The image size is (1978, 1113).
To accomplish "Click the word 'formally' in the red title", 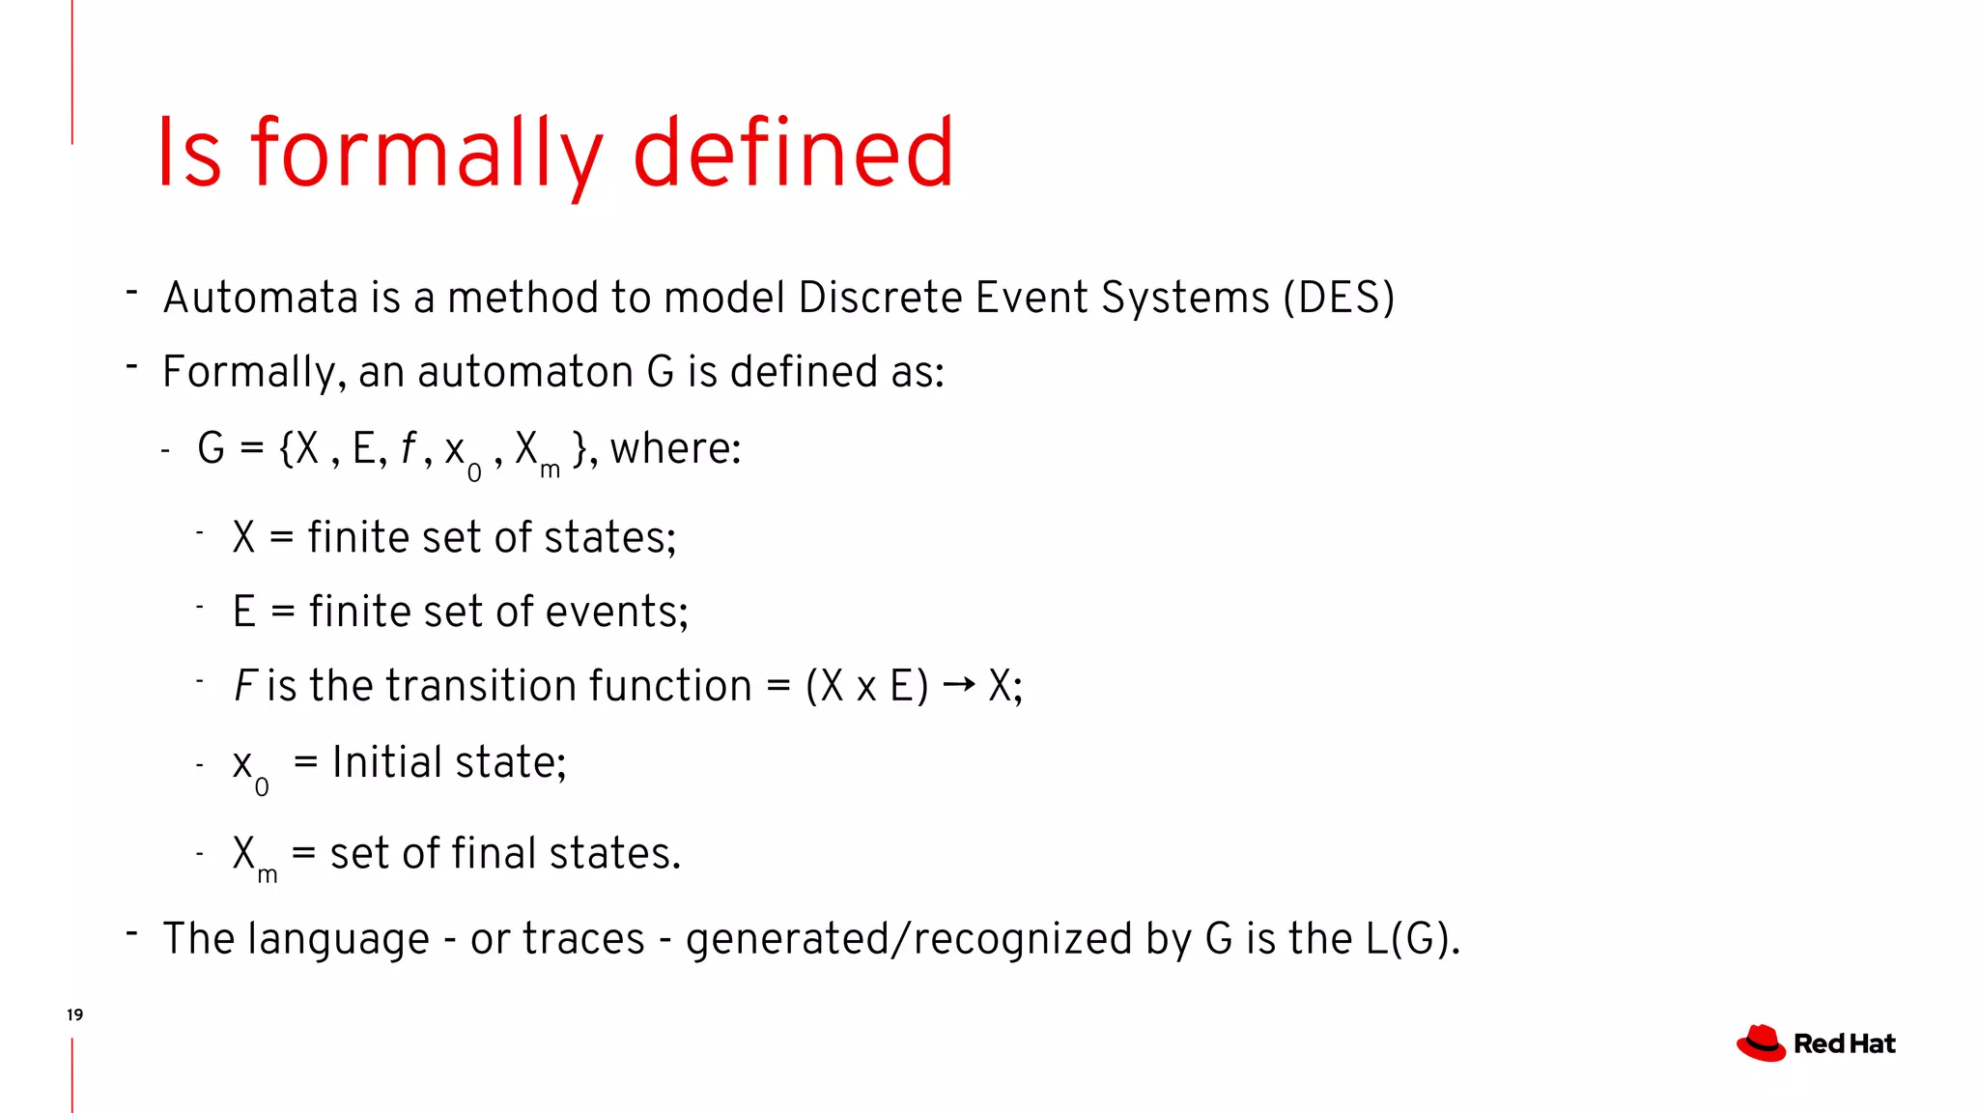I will pos(425,155).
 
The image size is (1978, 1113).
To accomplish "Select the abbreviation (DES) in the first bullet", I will pos(1339,298).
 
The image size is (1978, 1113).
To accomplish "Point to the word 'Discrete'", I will pos(880,298).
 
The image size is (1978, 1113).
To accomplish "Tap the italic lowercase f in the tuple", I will pos(409,448).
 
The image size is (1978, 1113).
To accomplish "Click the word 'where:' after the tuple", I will pos(675,448).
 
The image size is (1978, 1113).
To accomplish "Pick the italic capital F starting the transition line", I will pos(244,686).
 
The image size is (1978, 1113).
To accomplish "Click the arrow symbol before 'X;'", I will pos(958,685).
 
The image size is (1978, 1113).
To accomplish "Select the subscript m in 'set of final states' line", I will pos(268,874).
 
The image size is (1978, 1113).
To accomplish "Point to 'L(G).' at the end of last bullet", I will pos(1412,939).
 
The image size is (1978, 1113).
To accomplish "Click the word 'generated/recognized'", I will pos(909,939).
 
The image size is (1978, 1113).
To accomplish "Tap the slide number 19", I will pos(74,1014).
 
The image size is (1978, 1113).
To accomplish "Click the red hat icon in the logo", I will pos(1761,1043).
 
